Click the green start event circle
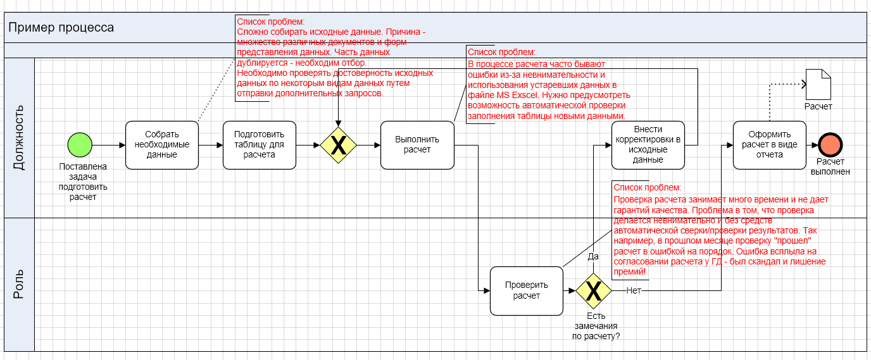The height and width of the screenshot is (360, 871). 80,145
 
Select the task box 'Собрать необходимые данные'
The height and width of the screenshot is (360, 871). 162,145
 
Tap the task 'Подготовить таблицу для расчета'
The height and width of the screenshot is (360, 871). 260,145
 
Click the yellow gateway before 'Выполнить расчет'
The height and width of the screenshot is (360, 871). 339,146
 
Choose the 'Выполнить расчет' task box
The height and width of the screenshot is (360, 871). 417,145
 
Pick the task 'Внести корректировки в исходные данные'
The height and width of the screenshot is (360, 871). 648,145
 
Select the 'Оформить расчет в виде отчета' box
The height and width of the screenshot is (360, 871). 769,145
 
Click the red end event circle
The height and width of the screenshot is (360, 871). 830,145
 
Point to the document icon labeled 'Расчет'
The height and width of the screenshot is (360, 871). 818,84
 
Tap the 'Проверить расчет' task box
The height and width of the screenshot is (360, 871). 526,290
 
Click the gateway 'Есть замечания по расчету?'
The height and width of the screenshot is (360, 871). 594,290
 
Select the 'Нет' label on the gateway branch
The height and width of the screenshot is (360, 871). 634,290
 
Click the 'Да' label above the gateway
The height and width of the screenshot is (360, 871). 593,257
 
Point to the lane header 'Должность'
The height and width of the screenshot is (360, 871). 19,138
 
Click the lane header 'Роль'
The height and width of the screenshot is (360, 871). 19,285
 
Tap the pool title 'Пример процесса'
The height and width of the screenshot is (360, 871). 61,28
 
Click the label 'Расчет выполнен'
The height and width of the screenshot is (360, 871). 830,166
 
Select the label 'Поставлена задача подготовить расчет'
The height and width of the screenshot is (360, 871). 83,182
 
